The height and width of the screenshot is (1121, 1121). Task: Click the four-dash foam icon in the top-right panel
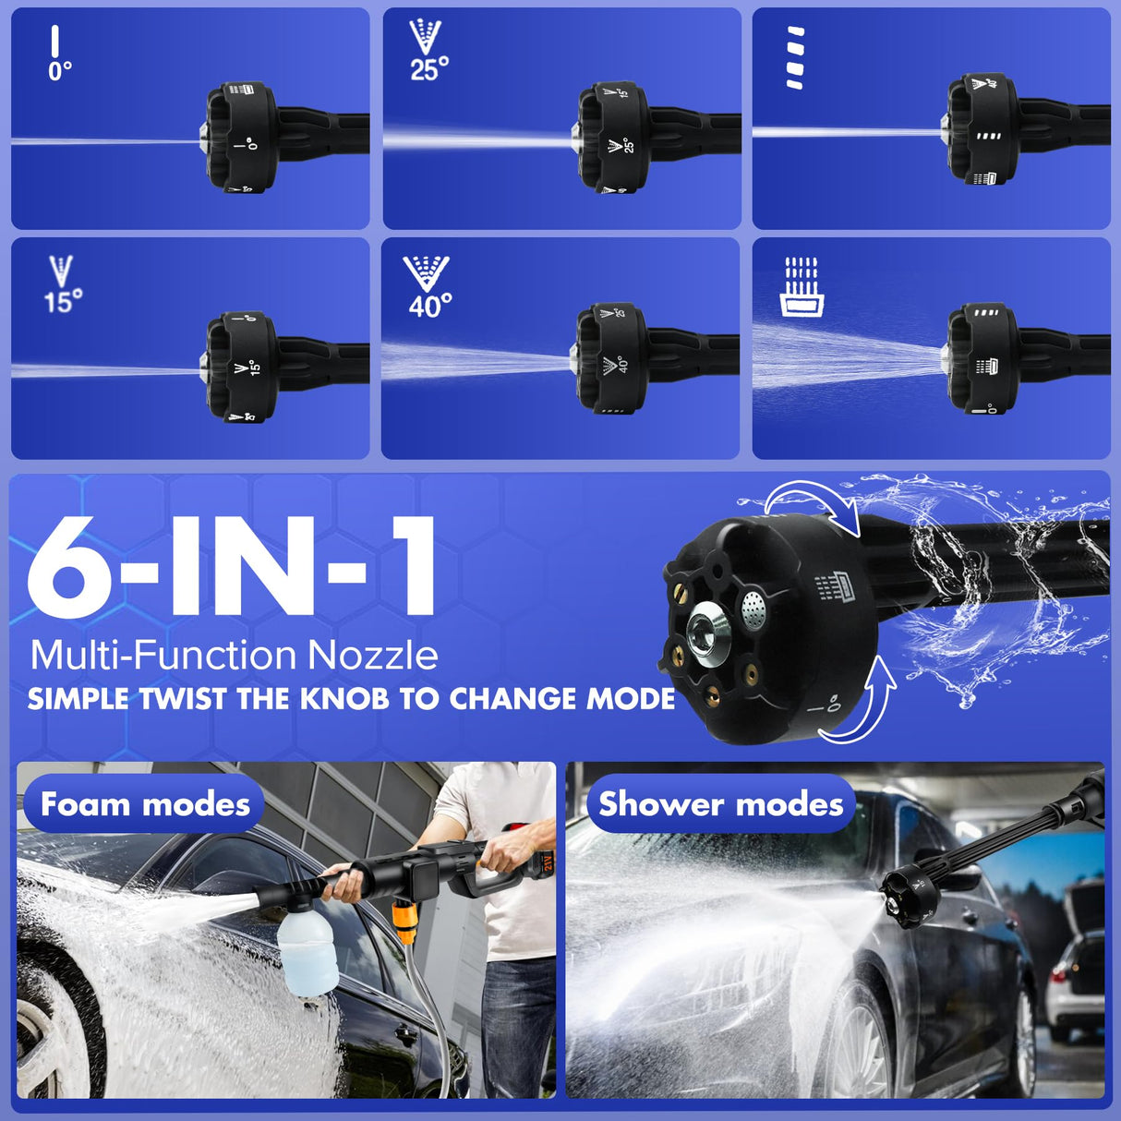pos(795,57)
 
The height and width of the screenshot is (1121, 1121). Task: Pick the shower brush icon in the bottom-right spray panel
pos(800,287)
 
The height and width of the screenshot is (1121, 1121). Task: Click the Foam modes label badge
pos(144,804)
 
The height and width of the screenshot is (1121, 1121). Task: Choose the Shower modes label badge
pos(720,804)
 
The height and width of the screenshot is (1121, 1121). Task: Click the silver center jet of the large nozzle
pos(709,632)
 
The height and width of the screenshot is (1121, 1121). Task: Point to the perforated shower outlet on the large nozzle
pos(753,607)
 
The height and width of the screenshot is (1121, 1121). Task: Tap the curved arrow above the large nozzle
pos(813,505)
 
